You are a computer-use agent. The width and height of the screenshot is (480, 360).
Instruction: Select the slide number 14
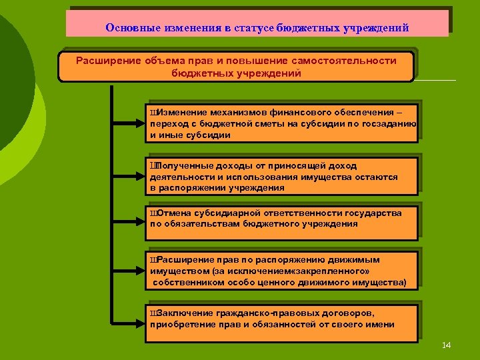tap(447, 345)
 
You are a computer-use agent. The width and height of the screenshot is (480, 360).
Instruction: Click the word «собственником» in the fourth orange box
tap(186, 282)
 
